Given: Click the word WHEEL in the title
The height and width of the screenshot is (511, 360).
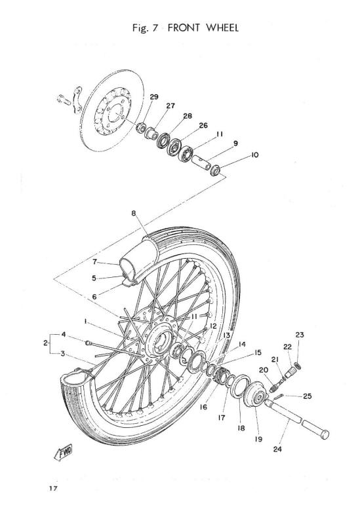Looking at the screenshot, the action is pyautogui.click(x=222, y=28).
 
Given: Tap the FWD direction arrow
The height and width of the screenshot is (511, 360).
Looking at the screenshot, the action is pyautogui.click(x=64, y=453).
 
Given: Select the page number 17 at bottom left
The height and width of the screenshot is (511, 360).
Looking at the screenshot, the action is pyautogui.click(x=53, y=488).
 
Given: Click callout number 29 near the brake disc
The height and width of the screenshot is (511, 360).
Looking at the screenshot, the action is pyautogui.click(x=154, y=97).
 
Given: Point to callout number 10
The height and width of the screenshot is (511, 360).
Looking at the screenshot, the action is pyautogui.click(x=254, y=155).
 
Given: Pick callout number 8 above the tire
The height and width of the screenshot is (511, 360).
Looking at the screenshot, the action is pyautogui.click(x=134, y=214).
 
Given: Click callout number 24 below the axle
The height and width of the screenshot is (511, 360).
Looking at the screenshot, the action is pyautogui.click(x=277, y=449).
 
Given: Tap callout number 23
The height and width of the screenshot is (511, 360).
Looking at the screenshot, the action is pyautogui.click(x=300, y=335).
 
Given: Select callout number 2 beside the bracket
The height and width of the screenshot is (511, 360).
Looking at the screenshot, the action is pyautogui.click(x=46, y=343).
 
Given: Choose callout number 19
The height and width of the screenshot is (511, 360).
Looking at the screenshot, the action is pyautogui.click(x=258, y=440).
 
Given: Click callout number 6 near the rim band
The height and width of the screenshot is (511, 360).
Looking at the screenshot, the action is pyautogui.click(x=94, y=297).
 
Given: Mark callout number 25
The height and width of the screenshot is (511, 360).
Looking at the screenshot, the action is pyautogui.click(x=307, y=396).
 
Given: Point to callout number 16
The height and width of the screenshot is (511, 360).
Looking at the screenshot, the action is pyautogui.click(x=203, y=407).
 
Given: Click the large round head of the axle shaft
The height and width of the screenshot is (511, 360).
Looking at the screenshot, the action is pyautogui.click(x=325, y=434).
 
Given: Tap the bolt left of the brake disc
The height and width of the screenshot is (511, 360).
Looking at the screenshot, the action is pyautogui.click(x=64, y=100).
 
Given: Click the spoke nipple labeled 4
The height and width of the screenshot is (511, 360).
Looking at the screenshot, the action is pyautogui.click(x=87, y=343).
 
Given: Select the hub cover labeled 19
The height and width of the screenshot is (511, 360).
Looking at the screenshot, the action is pyautogui.click(x=256, y=394).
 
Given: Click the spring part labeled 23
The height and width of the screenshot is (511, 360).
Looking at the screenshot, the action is pyautogui.click(x=298, y=366).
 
